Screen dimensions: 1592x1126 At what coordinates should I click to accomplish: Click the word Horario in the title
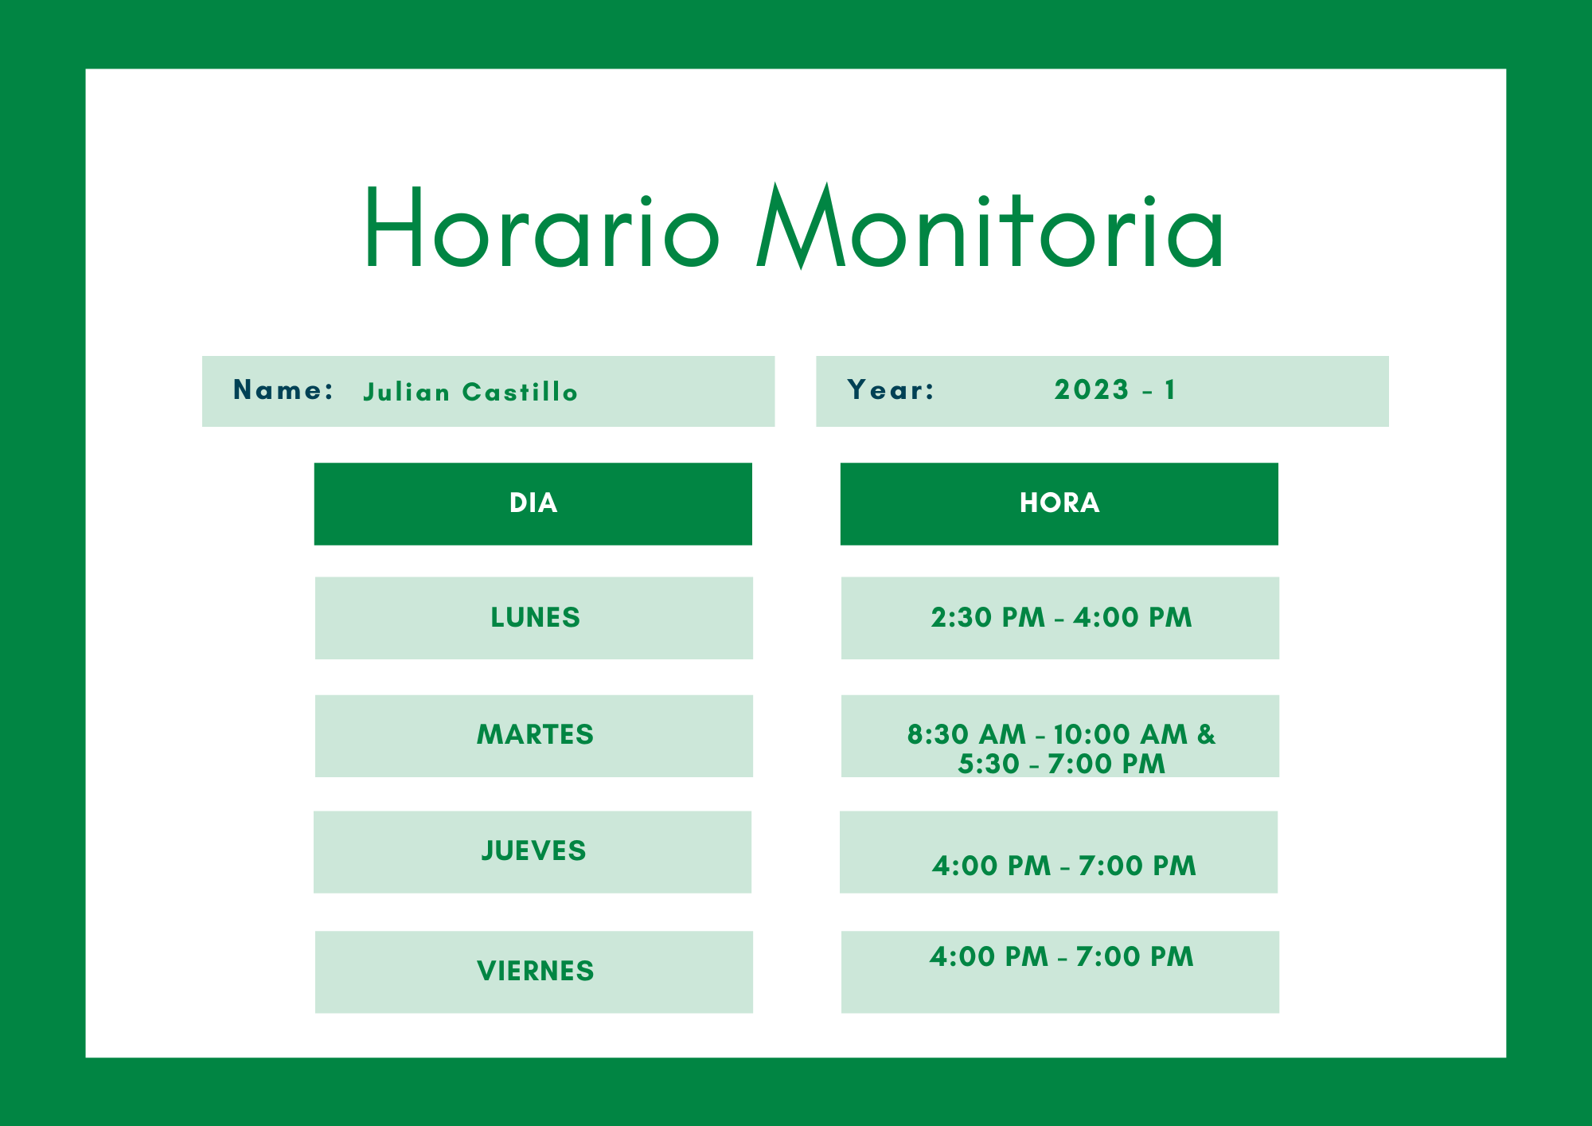pyautogui.click(x=542, y=227)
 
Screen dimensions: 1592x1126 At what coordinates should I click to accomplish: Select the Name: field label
pyautogui.click(x=283, y=389)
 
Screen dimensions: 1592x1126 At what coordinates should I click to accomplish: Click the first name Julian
pyautogui.click(x=407, y=392)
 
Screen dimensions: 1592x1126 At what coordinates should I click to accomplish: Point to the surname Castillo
pyautogui.click(x=520, y=392)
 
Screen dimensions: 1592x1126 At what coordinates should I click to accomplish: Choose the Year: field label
pyautogui.click(x=891, y=389)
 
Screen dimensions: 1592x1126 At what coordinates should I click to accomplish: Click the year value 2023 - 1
pyautogui.click(x=1114, y=389)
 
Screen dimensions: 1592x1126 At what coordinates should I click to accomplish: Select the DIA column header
pyautogui.click(x=533, y=503)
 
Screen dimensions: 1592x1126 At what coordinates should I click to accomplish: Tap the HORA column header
pyautogui.click(x=1059, y=503)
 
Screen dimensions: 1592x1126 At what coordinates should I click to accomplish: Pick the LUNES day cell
pyautogui.click(x=534, y=618)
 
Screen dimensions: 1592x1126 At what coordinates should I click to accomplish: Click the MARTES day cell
pyautogui.click(x=534, y=736)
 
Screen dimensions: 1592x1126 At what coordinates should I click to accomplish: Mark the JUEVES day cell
pyautogui.click(x=533, y=852)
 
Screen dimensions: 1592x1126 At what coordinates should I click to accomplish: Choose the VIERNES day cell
pyautogui.click(x=534, y=972)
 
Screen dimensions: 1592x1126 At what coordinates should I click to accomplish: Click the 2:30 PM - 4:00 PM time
pyautogui.click(x=1061, y=617)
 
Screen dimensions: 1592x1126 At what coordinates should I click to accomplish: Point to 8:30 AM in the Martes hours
pyautogui.click(x=966, y=734)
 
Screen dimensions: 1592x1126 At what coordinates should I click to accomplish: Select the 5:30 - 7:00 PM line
pyautogui.click(x=1061, y=764)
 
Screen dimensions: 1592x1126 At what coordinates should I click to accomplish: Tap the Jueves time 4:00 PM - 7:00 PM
pyautogui.click(x=1063, y=866)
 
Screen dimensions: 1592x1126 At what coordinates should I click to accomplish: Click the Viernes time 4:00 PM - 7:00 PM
pyautogui.click(x=1061, y=956)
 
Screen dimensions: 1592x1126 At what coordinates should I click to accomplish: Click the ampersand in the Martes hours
pyautogui.click(x=1207, y=734)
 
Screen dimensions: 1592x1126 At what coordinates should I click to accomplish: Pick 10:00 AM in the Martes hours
pyautogui.click(x=1120, y=734)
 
